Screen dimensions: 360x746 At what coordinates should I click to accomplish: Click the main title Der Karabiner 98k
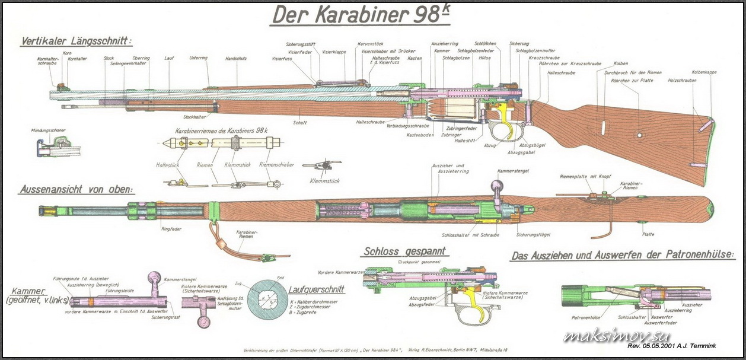tap(360, 16)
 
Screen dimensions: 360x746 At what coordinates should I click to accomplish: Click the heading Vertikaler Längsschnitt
tap(75, 42)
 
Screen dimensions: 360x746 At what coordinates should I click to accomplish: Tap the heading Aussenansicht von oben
tap(75, 190)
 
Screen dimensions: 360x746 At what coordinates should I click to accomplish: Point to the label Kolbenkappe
tap(704, 72)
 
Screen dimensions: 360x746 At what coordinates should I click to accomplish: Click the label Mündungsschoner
tap(49, 130)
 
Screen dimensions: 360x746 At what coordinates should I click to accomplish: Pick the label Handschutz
tap(236, 59)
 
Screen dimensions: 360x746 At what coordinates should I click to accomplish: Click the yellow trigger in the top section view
tap(508, 119)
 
